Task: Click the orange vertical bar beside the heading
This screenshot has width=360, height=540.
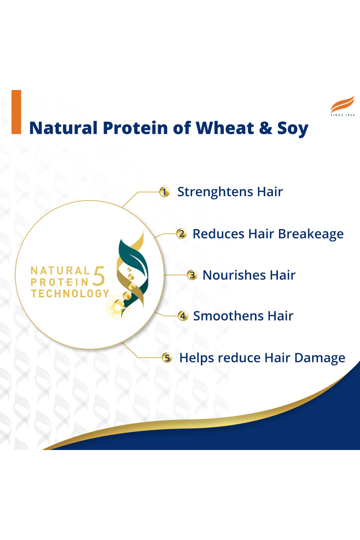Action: [17, 112]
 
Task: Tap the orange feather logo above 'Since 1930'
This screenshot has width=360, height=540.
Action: [342, 104]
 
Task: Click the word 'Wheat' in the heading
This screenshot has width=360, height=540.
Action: [225, 128]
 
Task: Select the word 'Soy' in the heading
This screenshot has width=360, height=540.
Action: [293, 129]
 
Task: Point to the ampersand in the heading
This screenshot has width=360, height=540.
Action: [266, 128]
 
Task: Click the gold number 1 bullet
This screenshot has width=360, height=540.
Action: [165, 192]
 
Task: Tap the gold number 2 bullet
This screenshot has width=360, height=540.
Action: [181, 234]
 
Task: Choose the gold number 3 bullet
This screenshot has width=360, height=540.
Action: [192, 275]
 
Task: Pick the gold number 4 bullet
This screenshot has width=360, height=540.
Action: [183, 316]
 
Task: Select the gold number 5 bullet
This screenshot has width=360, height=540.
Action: [167, 358]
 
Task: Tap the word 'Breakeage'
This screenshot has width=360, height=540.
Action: [311, 234]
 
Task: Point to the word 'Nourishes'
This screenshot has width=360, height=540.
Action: [234, 275]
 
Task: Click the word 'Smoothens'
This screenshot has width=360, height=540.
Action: [228, 316]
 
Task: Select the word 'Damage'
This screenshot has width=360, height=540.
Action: [320, 358]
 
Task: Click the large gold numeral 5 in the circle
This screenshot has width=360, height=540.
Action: [99, 276]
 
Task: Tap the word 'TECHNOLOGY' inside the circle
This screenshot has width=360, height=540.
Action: [70, 294]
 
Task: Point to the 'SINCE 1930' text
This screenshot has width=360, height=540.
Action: [342, 115]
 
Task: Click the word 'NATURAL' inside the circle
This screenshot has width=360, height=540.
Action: [60, 271]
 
